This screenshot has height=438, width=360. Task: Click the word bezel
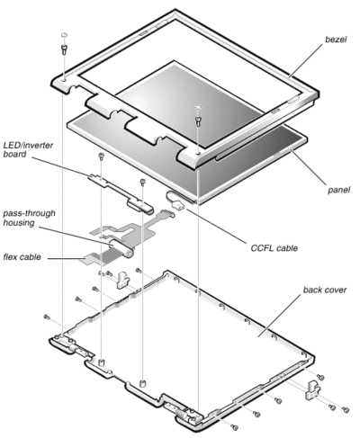(336, 40)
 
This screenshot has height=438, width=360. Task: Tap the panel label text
(338, 190)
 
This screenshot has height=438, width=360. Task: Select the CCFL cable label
(274, 248)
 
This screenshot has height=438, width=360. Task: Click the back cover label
(325, 290)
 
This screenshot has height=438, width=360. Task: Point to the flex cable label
(22, 257)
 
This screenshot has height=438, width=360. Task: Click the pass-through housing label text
(29, 218)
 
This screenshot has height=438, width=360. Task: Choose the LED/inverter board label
(28, 149)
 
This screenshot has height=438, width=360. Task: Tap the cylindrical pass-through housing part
(121, 248)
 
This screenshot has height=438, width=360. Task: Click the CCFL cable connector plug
(177, 206)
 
